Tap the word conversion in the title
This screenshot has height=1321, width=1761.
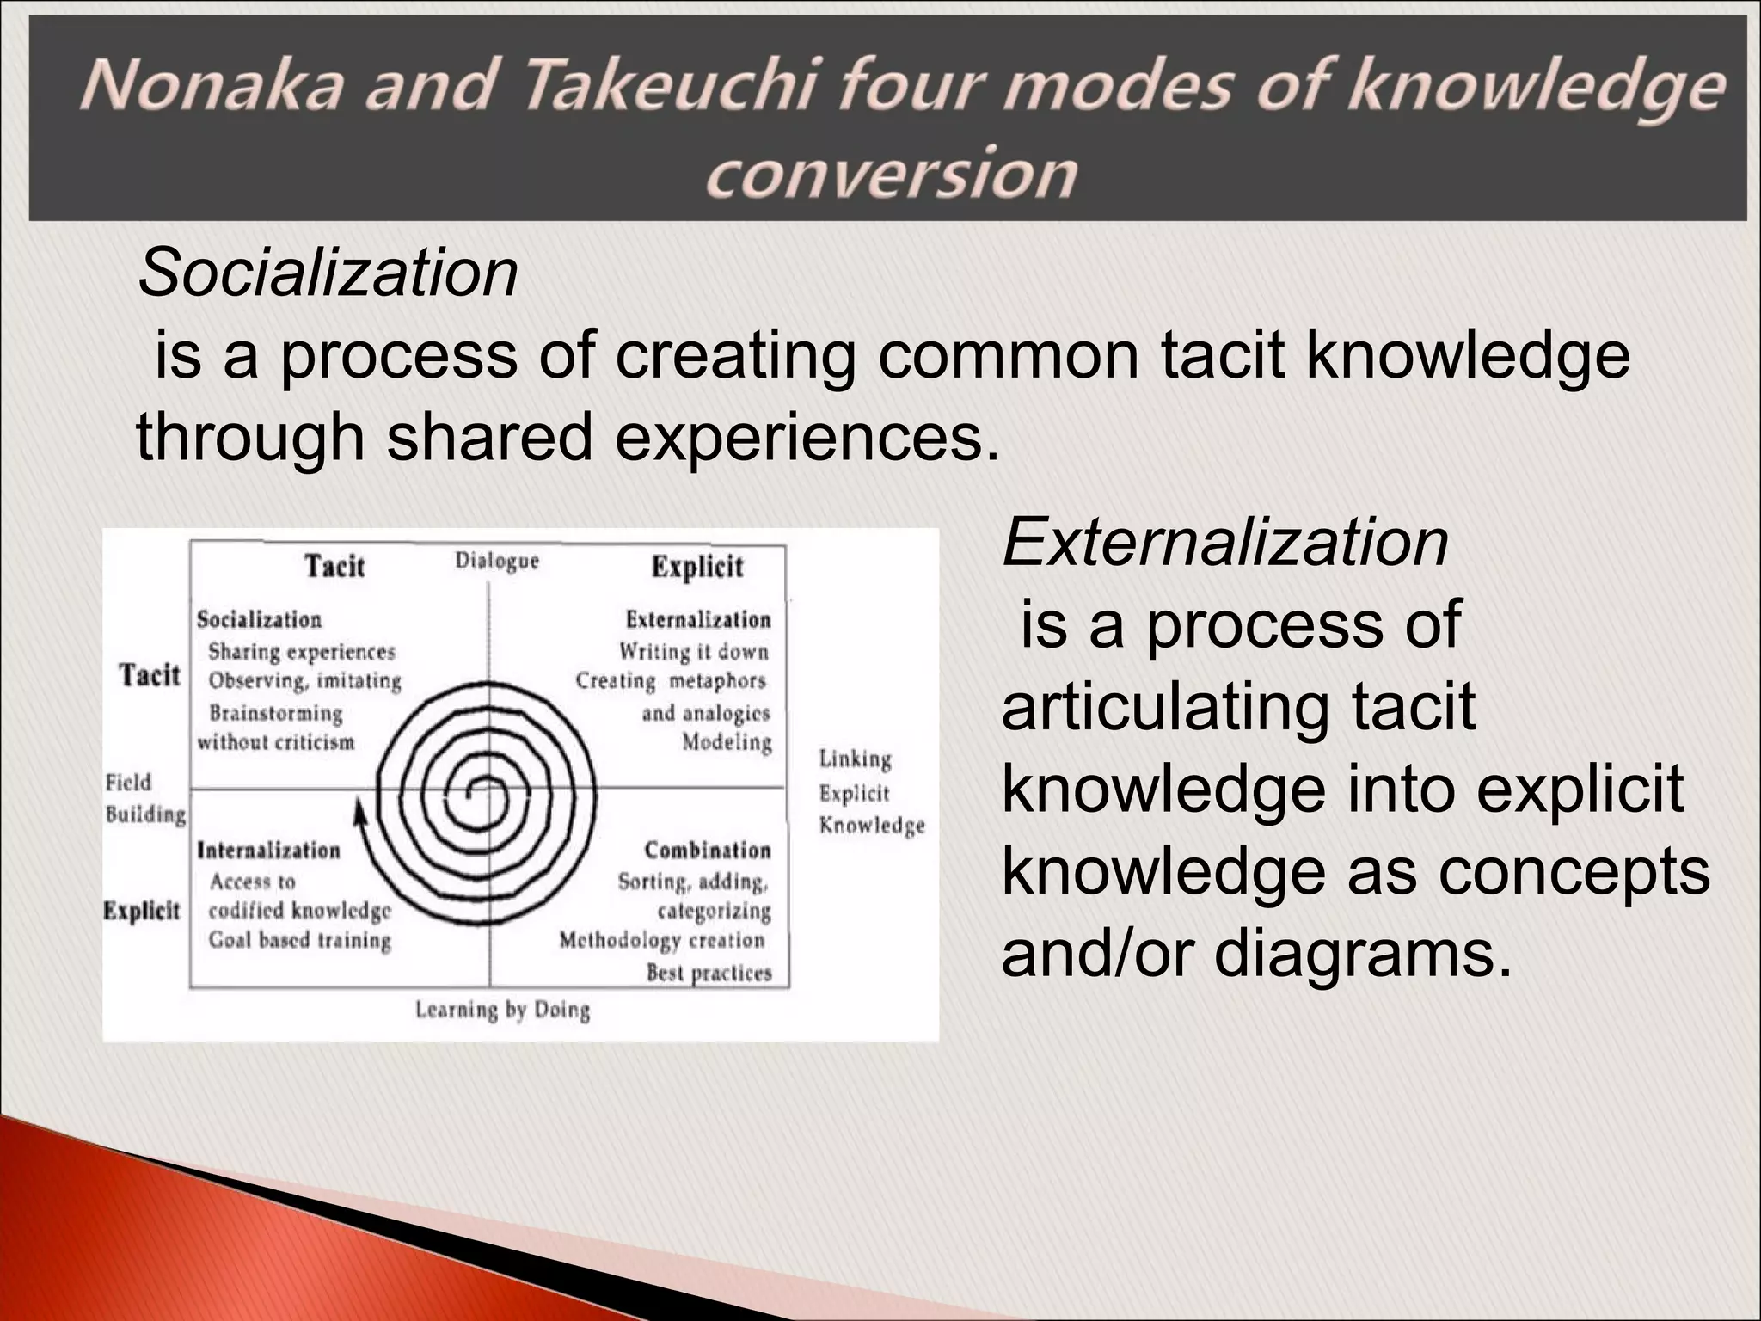[x=891, y=173]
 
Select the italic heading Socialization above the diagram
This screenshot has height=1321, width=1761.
[x=328, y=273]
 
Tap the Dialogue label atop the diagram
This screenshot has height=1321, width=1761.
[x=497, y=562]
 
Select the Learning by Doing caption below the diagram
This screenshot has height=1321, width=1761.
[x=503, y=1010]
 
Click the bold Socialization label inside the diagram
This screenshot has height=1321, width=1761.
[x=259, y=619]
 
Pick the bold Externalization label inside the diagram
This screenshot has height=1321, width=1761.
[x=698, y=619]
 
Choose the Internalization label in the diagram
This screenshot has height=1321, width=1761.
[x=269, y=850]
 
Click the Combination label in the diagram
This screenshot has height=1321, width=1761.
[x=708, y=850]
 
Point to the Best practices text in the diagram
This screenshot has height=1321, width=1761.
[x=709, y=973]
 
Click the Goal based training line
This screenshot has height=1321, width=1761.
[x=300, y=940]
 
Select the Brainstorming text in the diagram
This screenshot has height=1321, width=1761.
[x=276, y=713]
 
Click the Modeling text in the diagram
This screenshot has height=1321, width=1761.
[x=727, y=741]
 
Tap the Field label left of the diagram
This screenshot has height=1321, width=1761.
[x=128, y=782]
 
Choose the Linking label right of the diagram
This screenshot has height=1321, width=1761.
[x=855, y=759]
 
